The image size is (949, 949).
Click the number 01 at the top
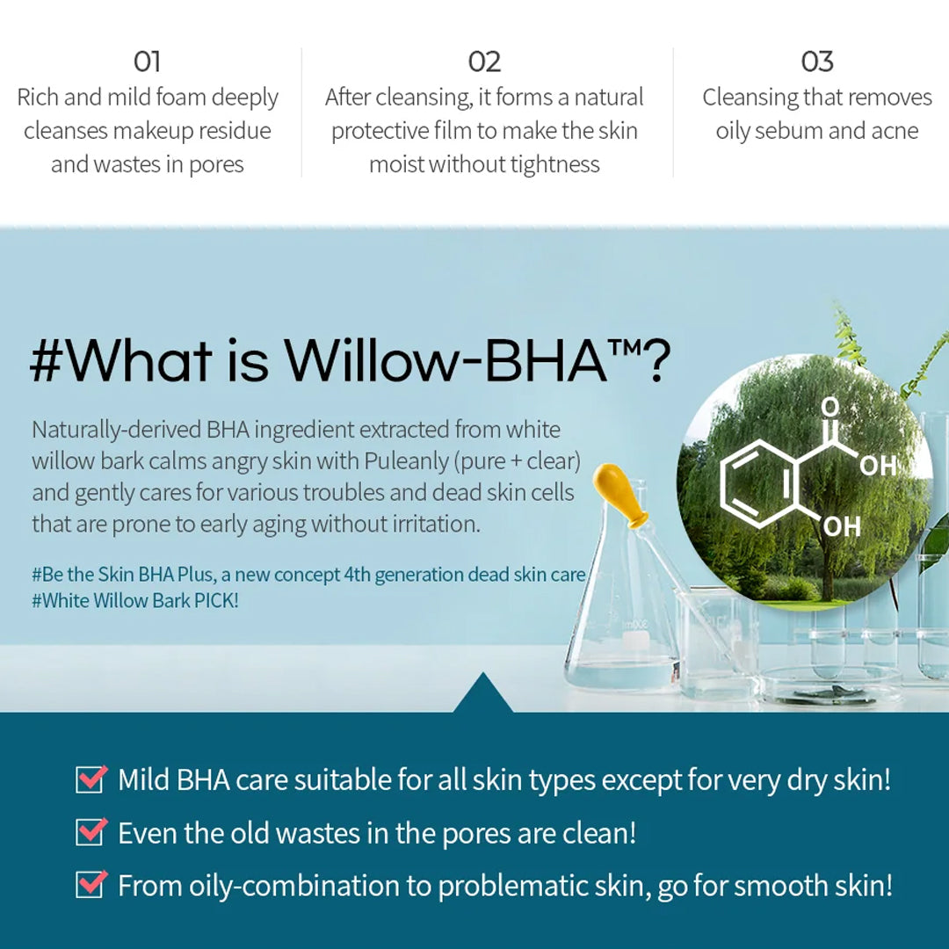(x=147, y=62)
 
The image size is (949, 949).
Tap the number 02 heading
(x=484, y=62)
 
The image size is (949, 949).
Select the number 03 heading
(x=817, y=62)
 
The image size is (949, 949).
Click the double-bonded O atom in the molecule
(x=830, y=406)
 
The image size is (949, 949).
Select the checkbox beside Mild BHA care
(x=91, y=779)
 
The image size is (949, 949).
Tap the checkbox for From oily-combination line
(x=91, y=884)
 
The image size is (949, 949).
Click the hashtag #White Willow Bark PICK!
(x=135, y=600)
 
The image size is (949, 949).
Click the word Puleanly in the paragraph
(x=406, y=461)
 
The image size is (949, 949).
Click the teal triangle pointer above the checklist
(x=483, y=693)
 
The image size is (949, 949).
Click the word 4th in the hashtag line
(x=357, y=574)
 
